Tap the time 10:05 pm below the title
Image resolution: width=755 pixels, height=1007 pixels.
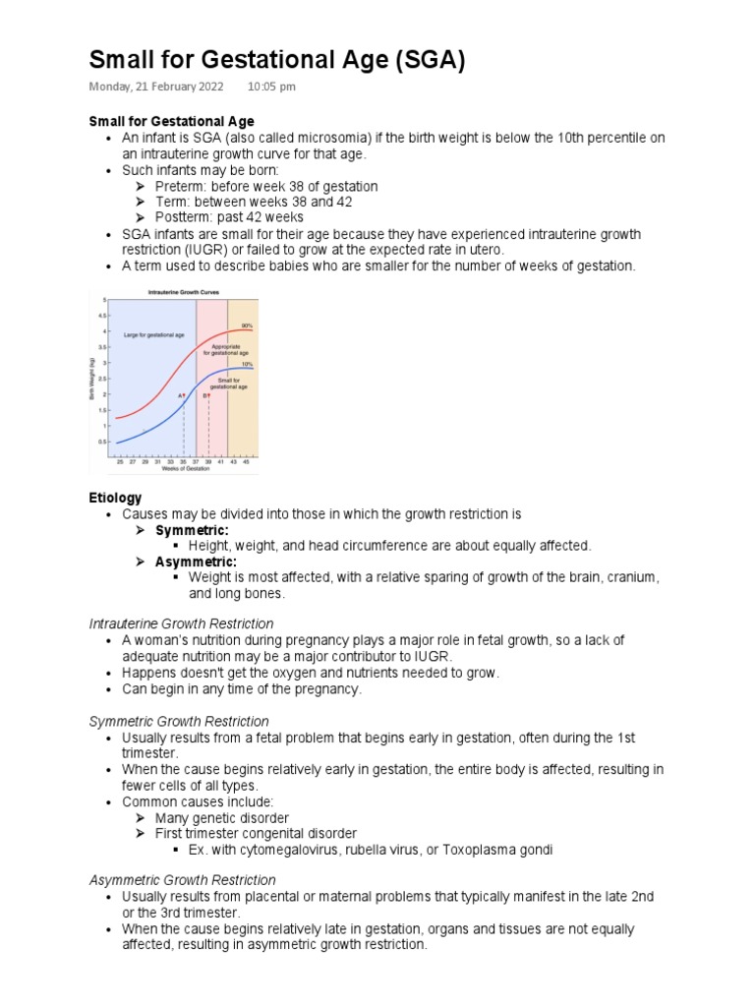(271, 87)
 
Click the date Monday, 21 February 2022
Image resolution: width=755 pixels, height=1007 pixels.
(155, 87)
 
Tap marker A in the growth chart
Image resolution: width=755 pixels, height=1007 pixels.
(181, 395)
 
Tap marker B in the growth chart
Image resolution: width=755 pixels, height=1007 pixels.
(206, 395)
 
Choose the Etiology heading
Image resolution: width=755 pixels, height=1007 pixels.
(115, 498)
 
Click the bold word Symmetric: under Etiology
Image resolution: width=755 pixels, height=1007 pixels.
(192, 530)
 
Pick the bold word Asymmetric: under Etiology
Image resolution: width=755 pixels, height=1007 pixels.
(196, 562)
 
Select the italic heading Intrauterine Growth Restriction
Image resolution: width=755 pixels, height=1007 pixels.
(181, 623)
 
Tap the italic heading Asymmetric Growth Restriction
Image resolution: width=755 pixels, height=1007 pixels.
(182, 880)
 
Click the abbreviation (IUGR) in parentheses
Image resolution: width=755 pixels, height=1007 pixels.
(145, 250)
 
